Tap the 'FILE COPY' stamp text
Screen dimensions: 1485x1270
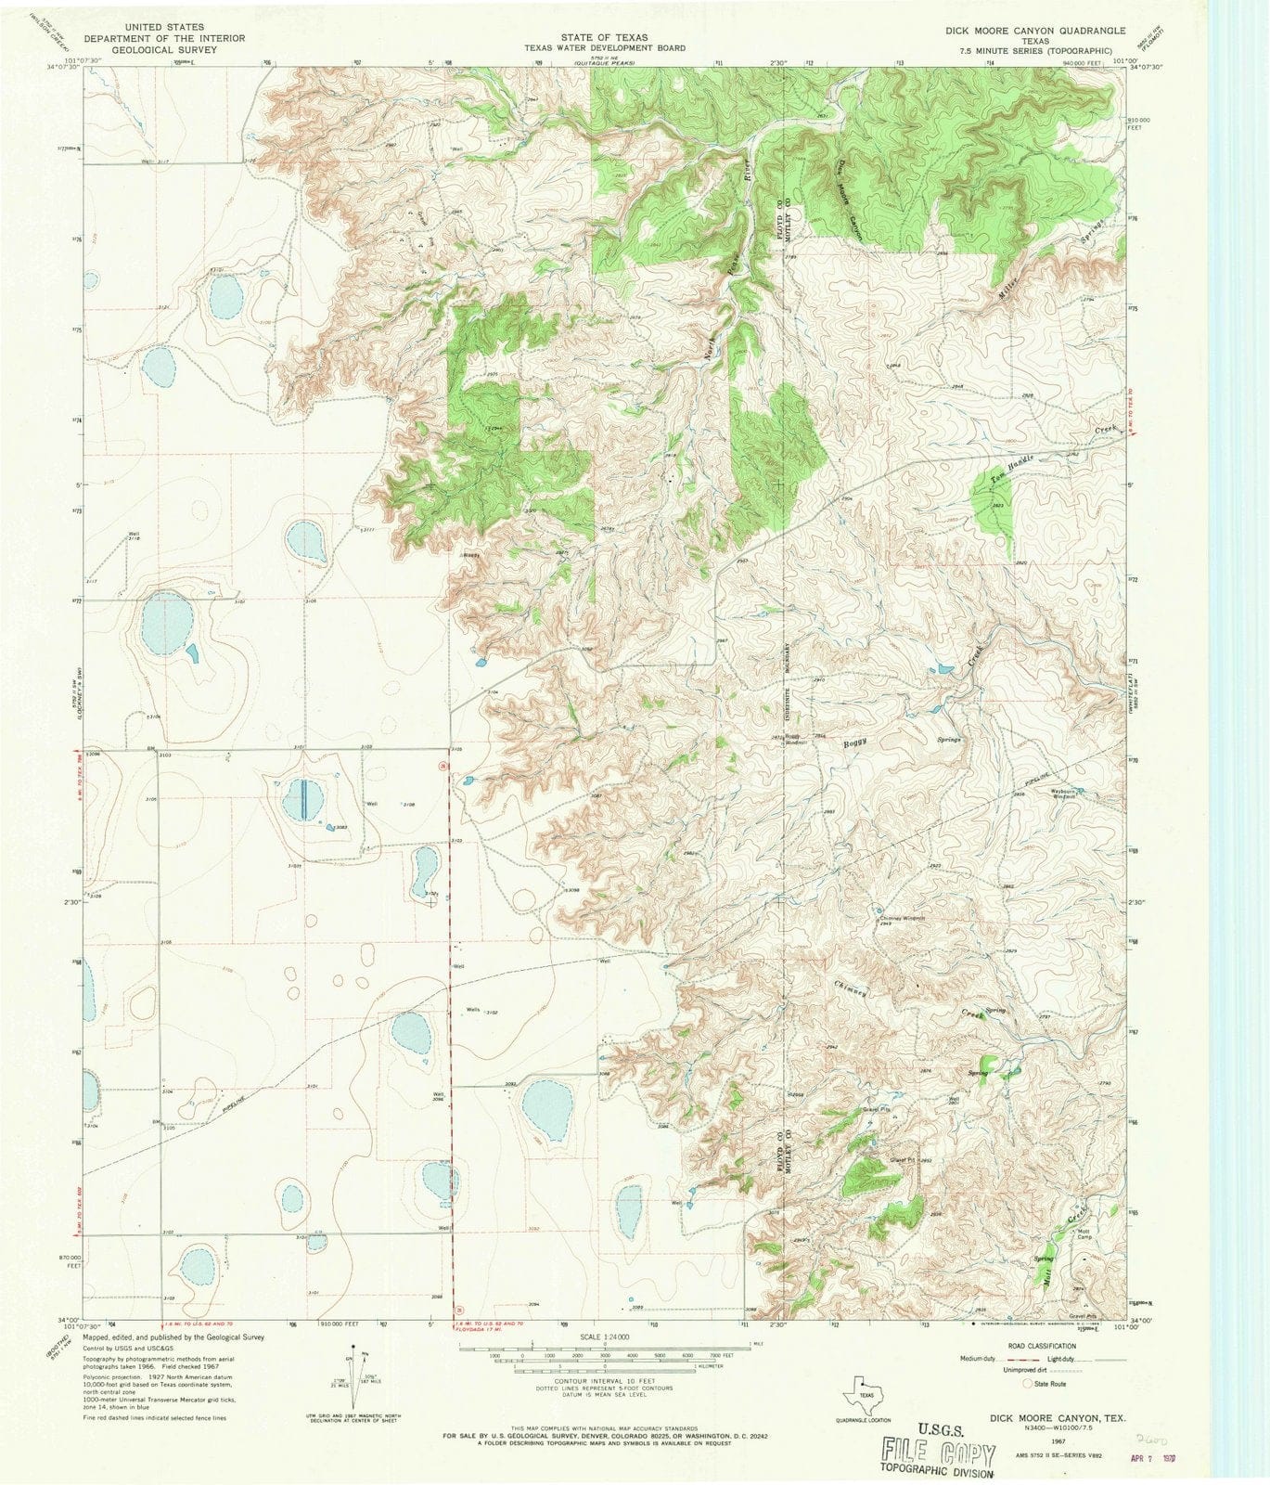click(937, 1449)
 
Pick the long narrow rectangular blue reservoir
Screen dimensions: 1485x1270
click(305, 799)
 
